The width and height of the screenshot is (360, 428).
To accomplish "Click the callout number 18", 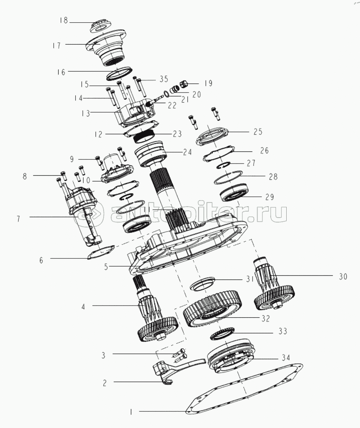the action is pyautogui.click(x=64, y=20).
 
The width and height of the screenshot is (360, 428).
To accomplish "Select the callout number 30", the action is pyautogui.click(x=343, y=277).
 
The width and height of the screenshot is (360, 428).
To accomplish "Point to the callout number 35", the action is pyautogui.click(x=164, y=79).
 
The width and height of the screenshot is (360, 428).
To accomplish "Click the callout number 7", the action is pyautogui.click(x=18, y=219).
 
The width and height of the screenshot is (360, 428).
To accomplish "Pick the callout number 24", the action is pyautogui.click(x=188, y=152).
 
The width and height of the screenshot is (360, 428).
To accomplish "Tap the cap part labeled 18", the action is pyautogui.click(x=100, y=26).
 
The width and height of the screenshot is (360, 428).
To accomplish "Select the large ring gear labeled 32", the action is pyautogui.click(x=213, y=309).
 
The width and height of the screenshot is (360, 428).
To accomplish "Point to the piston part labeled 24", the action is pyautogui.click(x=151, y=154).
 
